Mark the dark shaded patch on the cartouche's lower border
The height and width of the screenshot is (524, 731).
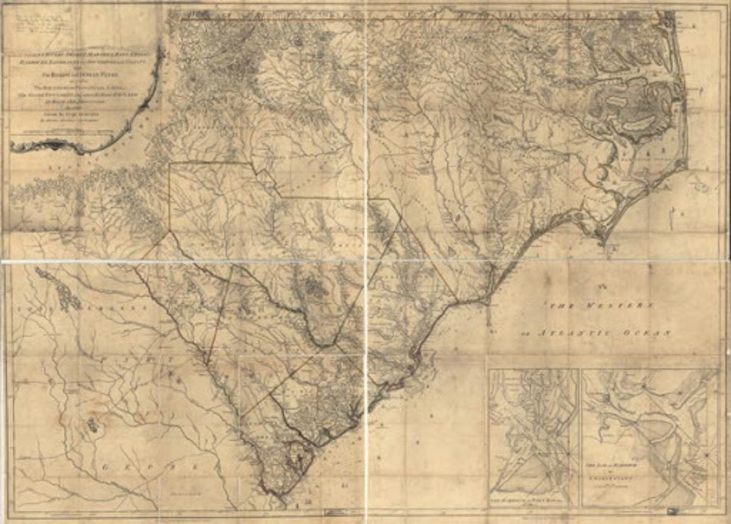point(58,145)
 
